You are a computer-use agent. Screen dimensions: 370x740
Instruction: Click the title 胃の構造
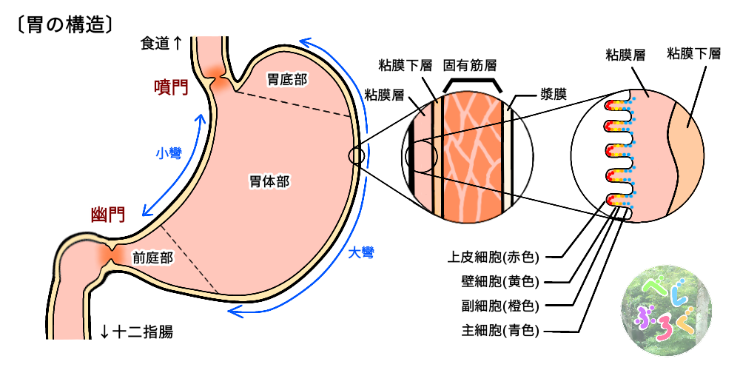pyautogui.click(x=64, y=25)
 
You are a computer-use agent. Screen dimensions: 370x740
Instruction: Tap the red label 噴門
pyautogui.click(x=171, y=87)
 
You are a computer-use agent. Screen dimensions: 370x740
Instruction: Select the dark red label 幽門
pyautogui.click(x=108, y=215)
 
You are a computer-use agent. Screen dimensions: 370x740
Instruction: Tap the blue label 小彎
pyautogui.click(x=168, y=153)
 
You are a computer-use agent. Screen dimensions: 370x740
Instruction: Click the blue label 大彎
pyautogui.click(x=360, y=252)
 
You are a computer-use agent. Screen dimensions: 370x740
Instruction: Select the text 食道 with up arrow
pyautogui.click(x=161, y=44)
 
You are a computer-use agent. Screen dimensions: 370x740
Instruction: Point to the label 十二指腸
pyautogui.click(x=137, y=331)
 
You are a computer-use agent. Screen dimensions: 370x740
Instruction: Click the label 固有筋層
pyautogui.click(x=470, y=64)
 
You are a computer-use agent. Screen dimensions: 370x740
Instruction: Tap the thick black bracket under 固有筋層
pyautogui.click(x=474, y=82)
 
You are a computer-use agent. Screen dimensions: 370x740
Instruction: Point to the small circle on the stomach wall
pyautogui.click(x=356, y=156)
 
